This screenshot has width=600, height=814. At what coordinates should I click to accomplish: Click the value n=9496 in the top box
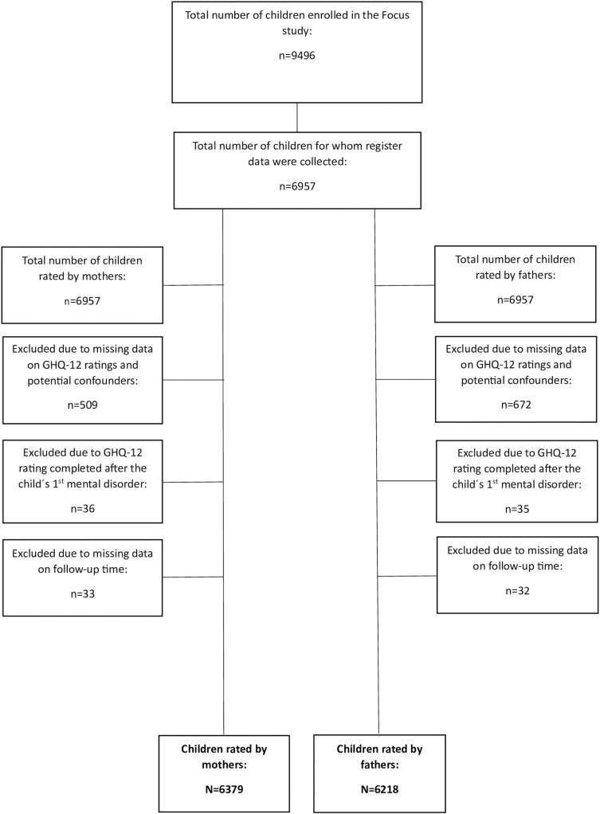[296, 56]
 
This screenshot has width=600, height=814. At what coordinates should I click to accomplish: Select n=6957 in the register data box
[297, 186]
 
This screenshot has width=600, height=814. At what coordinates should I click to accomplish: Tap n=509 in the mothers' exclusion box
[83, 405]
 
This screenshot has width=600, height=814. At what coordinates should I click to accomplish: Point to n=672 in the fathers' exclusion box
[516, 405]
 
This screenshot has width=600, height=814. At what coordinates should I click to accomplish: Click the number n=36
[83, 509]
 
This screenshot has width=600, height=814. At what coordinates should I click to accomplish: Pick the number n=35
[517, 509]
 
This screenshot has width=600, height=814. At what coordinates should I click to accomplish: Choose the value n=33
[83, 594]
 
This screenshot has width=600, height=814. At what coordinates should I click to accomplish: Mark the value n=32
[517, 591]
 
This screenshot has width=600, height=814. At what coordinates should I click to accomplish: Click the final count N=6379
[224, 789]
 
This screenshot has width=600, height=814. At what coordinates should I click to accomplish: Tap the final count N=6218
[380, 789]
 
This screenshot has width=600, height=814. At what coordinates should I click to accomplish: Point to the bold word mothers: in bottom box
[224, 765]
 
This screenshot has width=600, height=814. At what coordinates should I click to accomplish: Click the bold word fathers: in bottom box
[380, 765]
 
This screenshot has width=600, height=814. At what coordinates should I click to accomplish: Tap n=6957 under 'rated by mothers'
[82, 301]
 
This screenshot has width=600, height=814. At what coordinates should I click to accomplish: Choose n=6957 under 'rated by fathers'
[516, 300]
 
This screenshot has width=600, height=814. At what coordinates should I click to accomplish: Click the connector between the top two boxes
[297, 117]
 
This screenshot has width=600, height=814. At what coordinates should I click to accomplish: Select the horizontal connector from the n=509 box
[193, 380]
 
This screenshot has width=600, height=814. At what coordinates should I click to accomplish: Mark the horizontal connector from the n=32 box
[407, 576]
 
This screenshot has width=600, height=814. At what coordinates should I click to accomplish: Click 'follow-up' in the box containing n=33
[72, 569]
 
